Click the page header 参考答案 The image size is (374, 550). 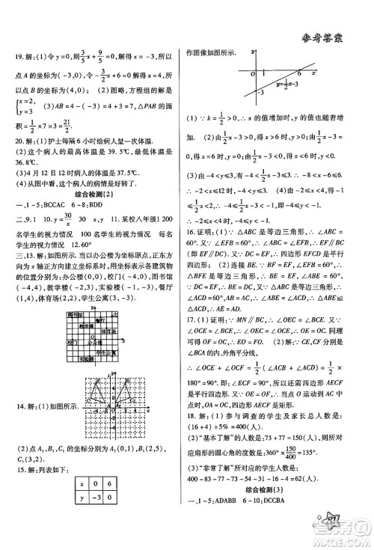(x=334, y=18)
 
